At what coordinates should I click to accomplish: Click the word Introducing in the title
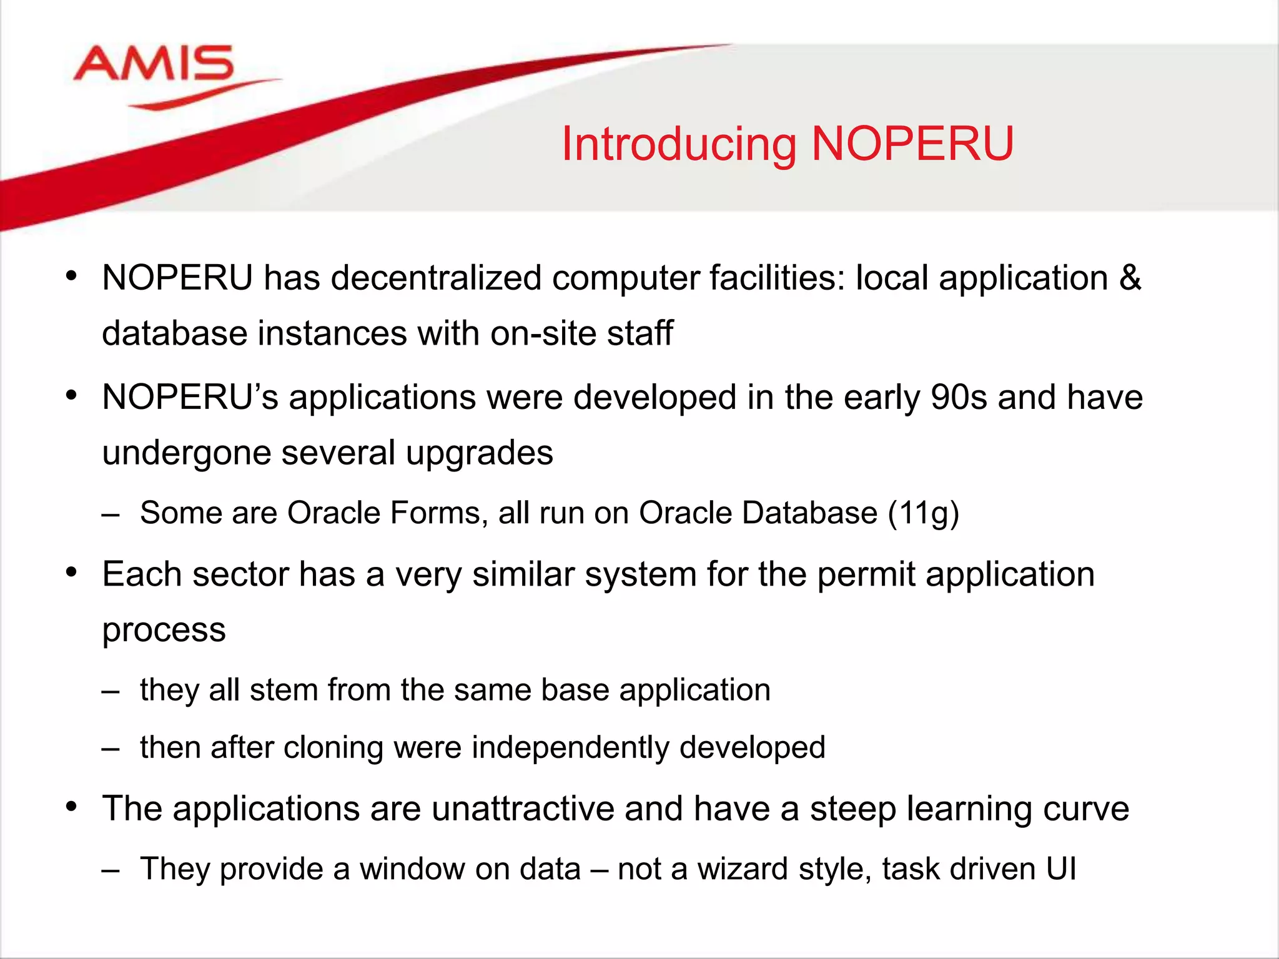[x=678, y=145]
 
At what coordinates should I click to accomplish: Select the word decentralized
[x=436, y=278]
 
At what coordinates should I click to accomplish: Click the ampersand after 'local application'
[x=1130, y=278]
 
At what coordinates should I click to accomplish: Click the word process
[x=164, y=631]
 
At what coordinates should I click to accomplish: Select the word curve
[x=1085, y=809]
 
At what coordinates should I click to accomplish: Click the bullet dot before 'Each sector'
[x=72, y=572]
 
